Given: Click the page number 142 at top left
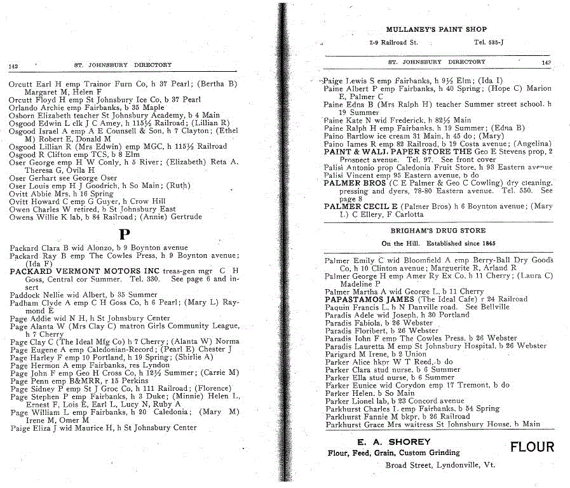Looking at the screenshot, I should [15, 65].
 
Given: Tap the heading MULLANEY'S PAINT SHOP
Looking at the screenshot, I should [436, 29].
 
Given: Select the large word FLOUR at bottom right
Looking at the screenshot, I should [533, 447].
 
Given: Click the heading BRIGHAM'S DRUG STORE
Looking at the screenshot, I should [438, 231].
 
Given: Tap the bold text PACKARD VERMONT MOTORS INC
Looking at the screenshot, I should [76, 271].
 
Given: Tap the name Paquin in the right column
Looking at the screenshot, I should [337, 307].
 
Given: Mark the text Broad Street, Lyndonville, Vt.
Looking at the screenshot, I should [440, 464].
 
